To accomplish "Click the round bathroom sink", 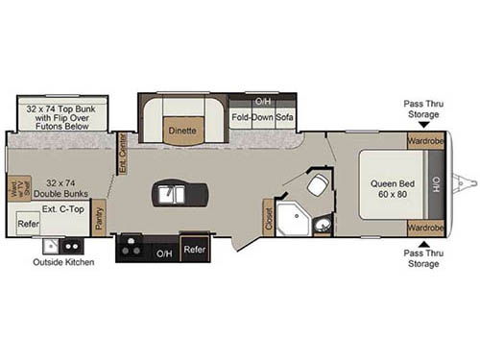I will click(323, 226).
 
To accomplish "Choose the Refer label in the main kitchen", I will click(195, 249).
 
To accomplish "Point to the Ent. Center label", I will click(122, 151).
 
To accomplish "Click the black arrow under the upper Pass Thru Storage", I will click(423, 125).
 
